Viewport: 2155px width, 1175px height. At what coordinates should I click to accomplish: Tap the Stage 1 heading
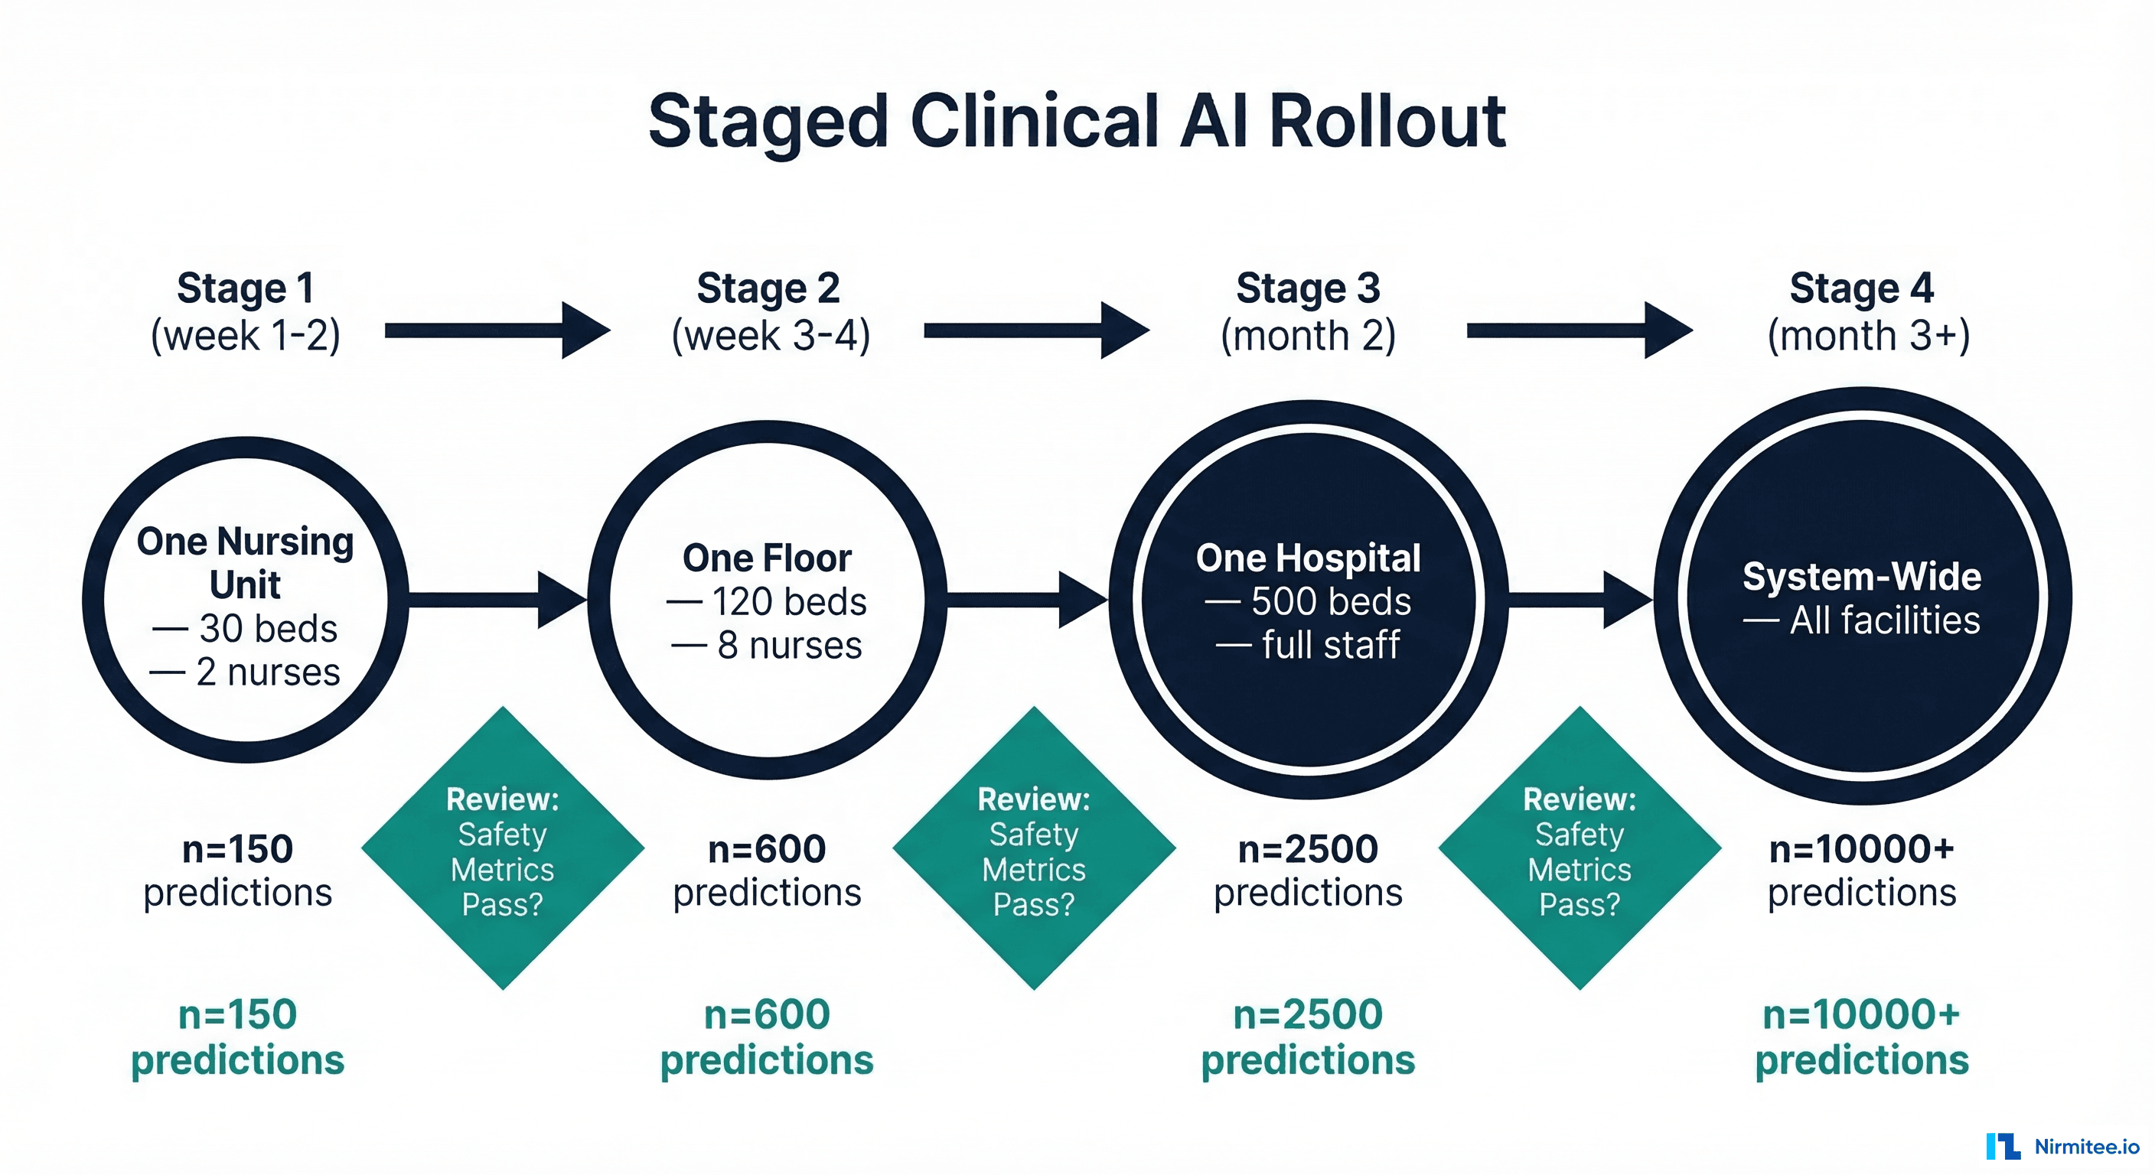tap(245, 288)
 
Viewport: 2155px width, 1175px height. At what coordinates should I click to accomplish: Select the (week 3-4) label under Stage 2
tap(771, 336)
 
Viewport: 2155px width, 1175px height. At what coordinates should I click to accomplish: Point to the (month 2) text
tap(1308, 336)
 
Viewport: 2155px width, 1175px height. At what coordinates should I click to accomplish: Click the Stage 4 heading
tap(1861, 288)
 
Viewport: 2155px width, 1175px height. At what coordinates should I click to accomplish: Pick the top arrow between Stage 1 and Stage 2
tap(497, 330)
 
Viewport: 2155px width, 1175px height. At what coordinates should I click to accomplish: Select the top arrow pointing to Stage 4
tap(1579, 330)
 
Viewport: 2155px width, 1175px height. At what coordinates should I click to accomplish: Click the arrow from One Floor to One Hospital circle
tap(1026, 599)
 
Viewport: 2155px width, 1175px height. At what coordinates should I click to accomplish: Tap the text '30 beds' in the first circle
tap(268, 629)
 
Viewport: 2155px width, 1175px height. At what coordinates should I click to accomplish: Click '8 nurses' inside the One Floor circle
tap(789, 646)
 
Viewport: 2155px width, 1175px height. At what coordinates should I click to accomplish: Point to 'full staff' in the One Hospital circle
tap(1330, 646)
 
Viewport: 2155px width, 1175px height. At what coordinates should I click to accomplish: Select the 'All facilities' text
tap(1884, 620)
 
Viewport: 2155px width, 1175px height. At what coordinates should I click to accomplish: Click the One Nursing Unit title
tap(245, 562)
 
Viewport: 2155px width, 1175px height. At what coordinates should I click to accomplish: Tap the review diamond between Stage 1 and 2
tap(503, 848)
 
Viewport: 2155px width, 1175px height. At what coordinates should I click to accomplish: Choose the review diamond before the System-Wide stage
tap(1580, 848)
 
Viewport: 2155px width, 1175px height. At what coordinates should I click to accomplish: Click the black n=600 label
tap(767, 850)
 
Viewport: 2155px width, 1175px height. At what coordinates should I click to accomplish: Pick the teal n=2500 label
tap(1308, 1015)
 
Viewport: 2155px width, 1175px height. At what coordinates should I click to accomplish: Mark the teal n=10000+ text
tap(1861, 1015)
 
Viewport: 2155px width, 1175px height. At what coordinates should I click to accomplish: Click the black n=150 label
tap(237, 850)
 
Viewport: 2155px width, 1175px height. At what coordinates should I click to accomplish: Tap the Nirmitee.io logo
tap(2062, 1147)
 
